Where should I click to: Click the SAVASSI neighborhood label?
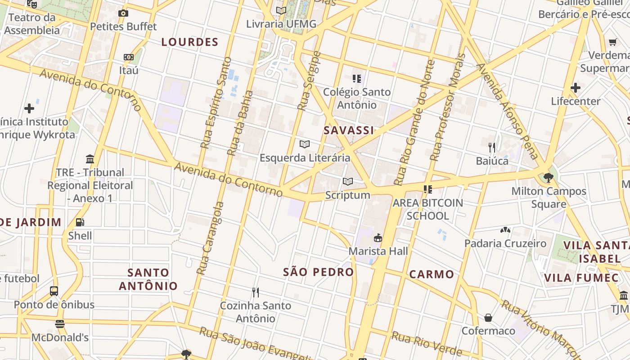pos(349,130)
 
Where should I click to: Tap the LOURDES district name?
pos(189,42)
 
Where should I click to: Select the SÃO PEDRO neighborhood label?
pos(318,272)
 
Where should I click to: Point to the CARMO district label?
pos(431,274)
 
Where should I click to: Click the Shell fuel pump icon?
pos(80,222)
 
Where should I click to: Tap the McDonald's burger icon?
pos(59,324)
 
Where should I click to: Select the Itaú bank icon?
pos(129,57)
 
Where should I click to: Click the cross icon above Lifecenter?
pos(575,88)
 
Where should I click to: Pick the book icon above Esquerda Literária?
pos(305,144)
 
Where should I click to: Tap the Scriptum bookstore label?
pos(347,195)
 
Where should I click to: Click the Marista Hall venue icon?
pos(378,238)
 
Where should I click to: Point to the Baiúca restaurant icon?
pos(492,147)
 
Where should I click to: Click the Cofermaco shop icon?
pos(488,318)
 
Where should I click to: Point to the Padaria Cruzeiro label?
pos(505,243)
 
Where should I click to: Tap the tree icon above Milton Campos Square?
pos(548,178)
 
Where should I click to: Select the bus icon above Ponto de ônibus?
pos(54,291)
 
